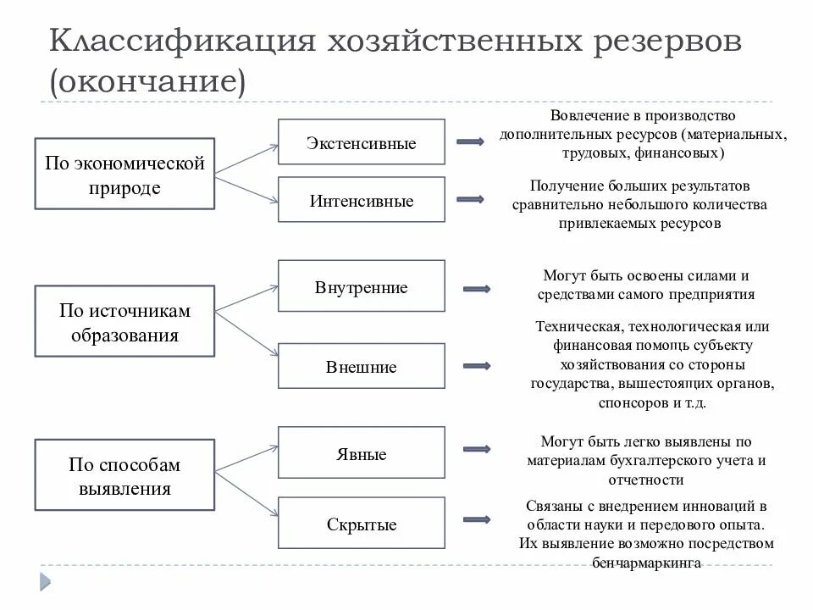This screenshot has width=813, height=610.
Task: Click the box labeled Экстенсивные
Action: click(361, 142)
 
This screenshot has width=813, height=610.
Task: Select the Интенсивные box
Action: click(361, 200)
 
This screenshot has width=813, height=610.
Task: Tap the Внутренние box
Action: click(361, 288)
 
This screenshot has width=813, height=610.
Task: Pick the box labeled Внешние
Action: click(361, 367)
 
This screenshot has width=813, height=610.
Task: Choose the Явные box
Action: click(361, 454)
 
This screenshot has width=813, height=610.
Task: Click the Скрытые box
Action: click(361, 524)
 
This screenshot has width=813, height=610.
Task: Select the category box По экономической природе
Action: click(124, 174)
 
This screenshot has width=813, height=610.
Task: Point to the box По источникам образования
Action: click(124, 322)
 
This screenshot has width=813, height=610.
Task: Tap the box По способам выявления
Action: click(124, 476)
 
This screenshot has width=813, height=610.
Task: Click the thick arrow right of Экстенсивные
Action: click(470, 141)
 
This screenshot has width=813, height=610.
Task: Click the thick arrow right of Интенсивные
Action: click(470, 199)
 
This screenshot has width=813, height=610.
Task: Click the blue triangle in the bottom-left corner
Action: click(43, 581)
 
